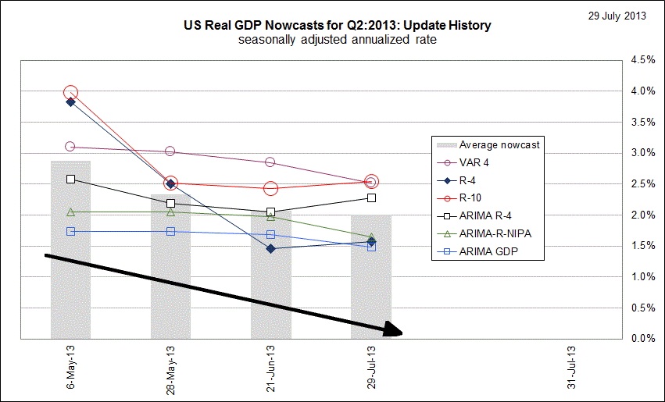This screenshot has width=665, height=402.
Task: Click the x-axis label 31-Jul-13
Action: pos(572,366)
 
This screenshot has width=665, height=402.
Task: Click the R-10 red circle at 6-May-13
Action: pos(70,93)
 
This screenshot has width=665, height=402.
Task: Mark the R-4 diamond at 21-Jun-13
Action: pos(270,248)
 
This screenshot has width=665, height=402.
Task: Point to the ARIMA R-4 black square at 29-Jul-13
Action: pos(371,198)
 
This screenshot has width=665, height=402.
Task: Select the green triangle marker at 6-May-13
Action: pos(70,212)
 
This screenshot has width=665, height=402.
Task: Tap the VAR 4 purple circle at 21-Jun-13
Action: pos(270,162)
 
